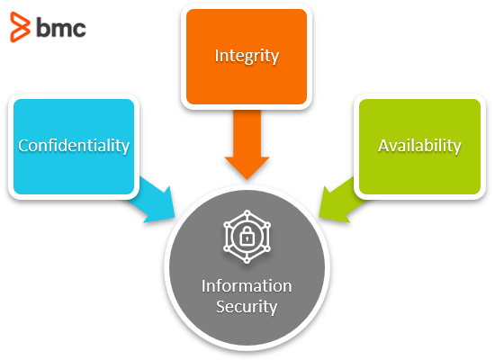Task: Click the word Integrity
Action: (x=247, y=57)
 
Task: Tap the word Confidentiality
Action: (x=74, y=146)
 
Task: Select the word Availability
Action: (x=419, y=146)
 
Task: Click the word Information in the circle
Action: (x=247, y=286)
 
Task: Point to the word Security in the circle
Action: (x=247, y=307)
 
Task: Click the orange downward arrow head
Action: (x=247, y=167)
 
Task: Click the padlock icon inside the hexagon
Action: (x=247, y=237)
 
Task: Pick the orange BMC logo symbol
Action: (x=20, y=27)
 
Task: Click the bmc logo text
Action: (x=61, y=28)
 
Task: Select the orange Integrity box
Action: (x=247, y=57)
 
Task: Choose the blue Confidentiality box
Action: (x=74, y=147)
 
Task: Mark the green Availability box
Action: (x=420, y=147)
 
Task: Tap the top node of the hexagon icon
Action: (x=247, y=212)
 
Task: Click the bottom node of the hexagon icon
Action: (x=247, y=261)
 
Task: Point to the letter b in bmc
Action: (x=42, y=28)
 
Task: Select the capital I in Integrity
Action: (x=217, y=56)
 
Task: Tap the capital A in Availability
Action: (x=383, y=146)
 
